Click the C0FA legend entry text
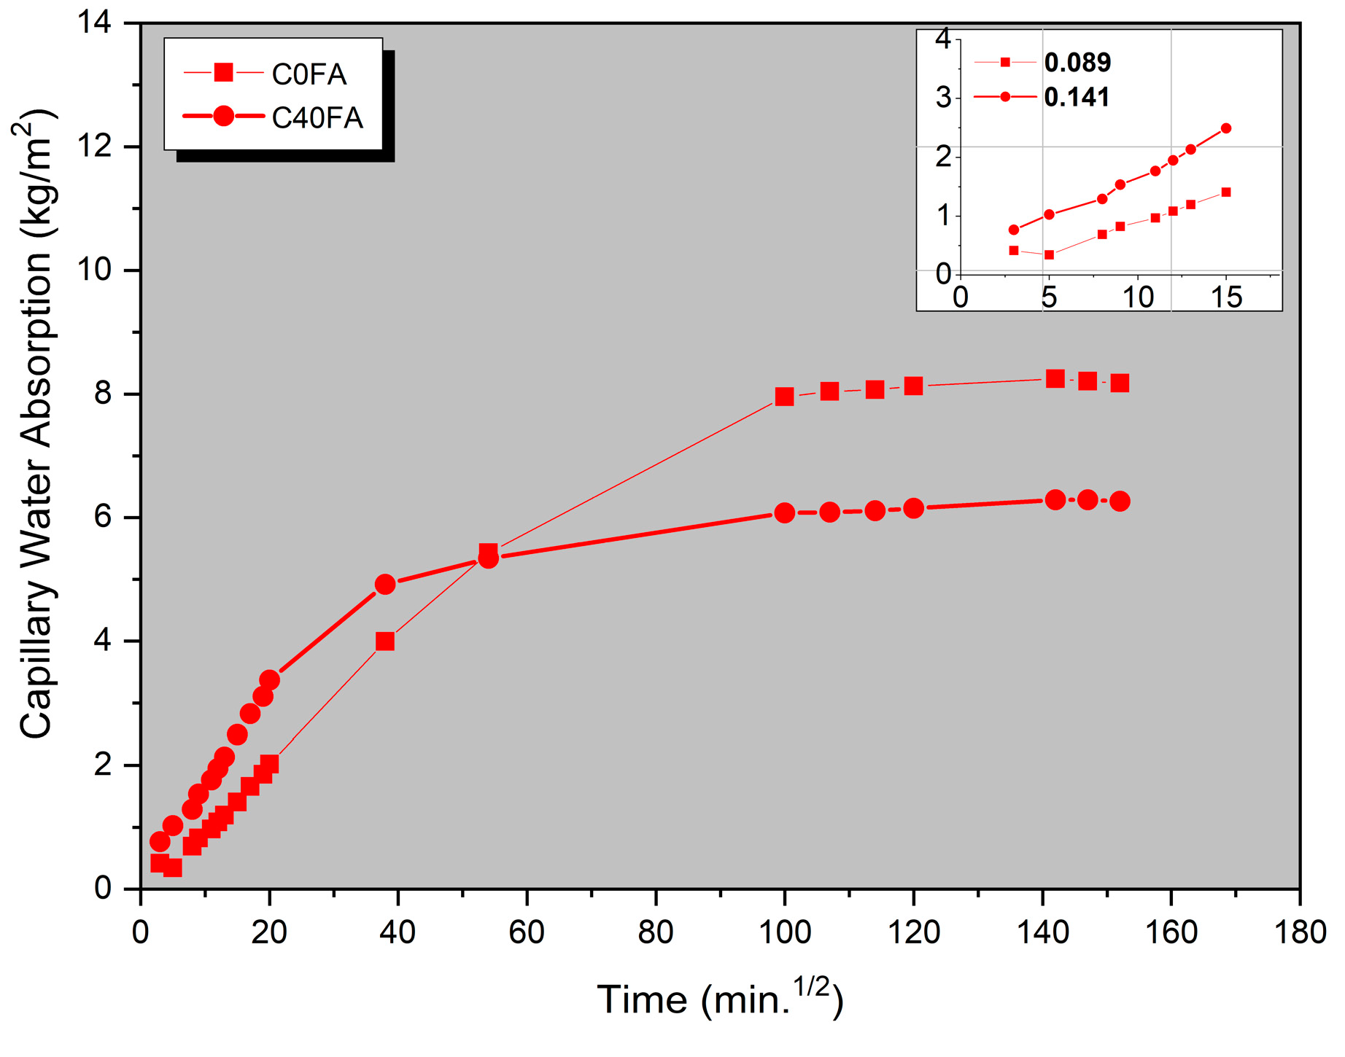[309, 74]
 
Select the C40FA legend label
[317, 118]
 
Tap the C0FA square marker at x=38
[385, 641]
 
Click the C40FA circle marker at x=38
[385, 584]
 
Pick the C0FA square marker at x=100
[784, 397]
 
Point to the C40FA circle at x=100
[784, 513]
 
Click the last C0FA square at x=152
[1120, 383]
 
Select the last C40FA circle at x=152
[1120, 502]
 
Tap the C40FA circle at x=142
[1055, 500]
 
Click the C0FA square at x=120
[913, 386]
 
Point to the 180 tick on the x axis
[1300, 933]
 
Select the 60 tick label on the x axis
[527, 933]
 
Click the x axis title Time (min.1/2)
[720, 999]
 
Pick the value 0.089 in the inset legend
[1077, 63]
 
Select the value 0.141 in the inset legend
[1077, 97]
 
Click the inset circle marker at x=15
[1226, 128]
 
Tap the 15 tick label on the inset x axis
[1226, 297]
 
